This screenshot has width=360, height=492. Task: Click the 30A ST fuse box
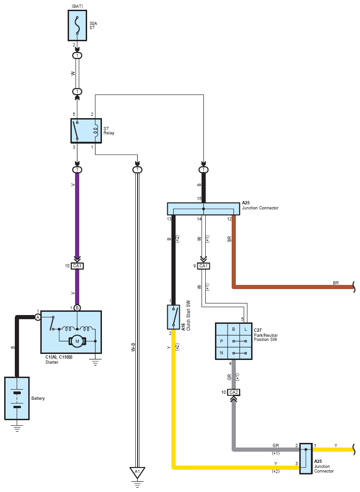[x=77, y=25]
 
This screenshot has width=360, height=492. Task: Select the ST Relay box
[x=86, y=131]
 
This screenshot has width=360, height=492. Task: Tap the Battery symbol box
[x=17, y=398]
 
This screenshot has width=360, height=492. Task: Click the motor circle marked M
[x=77, y=341]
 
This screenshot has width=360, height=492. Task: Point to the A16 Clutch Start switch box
[x=174, y=317]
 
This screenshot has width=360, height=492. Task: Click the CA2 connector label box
[x=234, y=392]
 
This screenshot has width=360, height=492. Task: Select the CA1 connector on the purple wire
[x=77, y=266]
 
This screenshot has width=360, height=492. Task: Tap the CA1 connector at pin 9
[x=203, y=266]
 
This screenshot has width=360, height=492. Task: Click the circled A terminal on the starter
[x=38, y=317]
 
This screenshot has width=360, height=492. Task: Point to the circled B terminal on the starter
[x=77, y=308]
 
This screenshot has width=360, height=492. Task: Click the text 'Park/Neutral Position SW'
[x=265, y=337]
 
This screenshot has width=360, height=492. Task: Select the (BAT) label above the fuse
[x=77, y=6]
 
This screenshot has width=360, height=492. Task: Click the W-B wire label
[x=133, y=347]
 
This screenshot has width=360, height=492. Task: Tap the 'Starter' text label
[x=52, y=362]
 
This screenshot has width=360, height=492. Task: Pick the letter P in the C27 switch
[x=221, y=341]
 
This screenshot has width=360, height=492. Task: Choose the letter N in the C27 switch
[x=221, y=353]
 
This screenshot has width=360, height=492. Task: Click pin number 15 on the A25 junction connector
[x=199, y=199]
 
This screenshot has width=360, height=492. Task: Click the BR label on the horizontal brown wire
[x=336, y=283]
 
